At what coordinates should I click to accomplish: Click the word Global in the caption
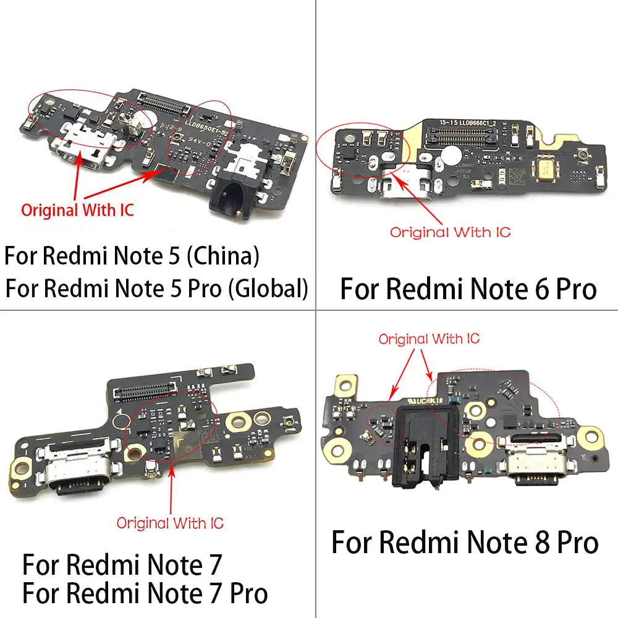266,288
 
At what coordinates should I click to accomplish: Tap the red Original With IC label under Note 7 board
170,523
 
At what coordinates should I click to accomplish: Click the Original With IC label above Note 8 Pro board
429,339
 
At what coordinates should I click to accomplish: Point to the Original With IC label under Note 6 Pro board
451,233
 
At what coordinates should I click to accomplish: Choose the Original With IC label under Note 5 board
77,209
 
